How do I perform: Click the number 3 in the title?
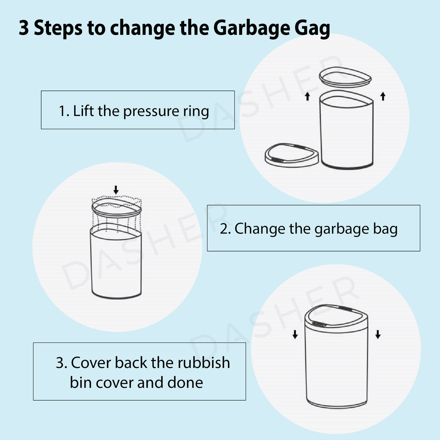click(24, 28)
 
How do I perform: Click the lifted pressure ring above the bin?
click(345, 77)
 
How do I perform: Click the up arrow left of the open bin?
click(307, 96)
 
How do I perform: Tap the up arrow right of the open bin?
click(383, 96)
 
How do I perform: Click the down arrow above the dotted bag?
click(116, 190)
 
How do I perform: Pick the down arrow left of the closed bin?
click(295, 334)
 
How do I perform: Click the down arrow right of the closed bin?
click(378, 334)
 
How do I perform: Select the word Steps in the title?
click(58, 28)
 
